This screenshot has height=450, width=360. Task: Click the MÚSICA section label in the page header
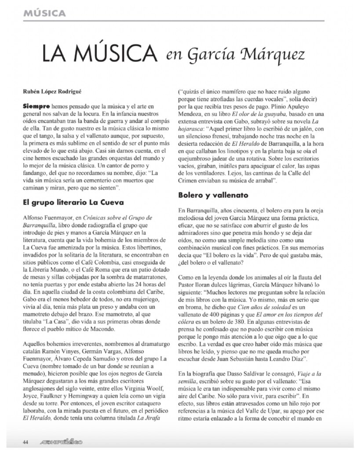[46, 13]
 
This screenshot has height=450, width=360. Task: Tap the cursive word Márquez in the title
[273, 57]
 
